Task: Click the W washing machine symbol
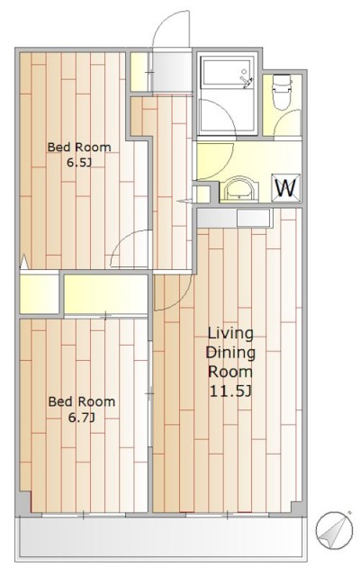click(x=285, y=188)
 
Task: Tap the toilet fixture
click(x=282, y=92)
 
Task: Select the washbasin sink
click(x=239, y=189)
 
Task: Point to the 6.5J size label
click(x=78, y=162)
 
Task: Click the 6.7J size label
click(x=82, y=418)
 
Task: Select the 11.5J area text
click(x=230, y=391)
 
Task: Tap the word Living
click(x=230, y=334)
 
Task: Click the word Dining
click(x=230, y=353)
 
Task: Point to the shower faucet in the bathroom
click(x=246, y=80)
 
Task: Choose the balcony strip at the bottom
click(x=161, y=536)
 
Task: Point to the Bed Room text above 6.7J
click(x=82, y=401)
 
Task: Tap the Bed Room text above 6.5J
click(x=79, y=147)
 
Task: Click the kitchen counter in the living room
click(x=234, y=218)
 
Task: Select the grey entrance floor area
click(x=172, y=72)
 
